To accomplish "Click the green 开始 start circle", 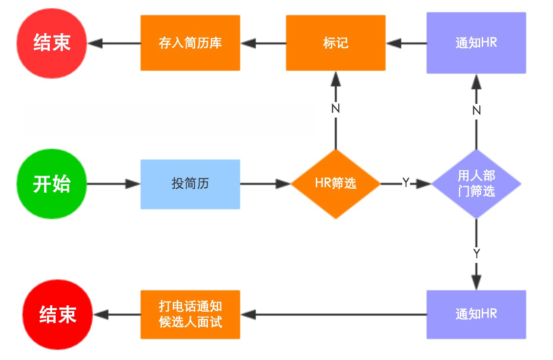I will [51, 184].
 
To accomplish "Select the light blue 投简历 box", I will [190, 184].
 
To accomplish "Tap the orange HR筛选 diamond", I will [335, 184].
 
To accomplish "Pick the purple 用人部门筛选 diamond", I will [476, 184].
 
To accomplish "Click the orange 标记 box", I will [335, 43].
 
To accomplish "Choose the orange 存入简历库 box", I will [190, 43].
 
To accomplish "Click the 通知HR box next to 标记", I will [476, 43].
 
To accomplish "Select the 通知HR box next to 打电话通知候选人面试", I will [476, 314].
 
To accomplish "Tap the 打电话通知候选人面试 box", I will [190, 315].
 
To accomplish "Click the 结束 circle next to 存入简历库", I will [51, 43].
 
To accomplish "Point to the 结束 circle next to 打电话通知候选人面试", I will [58, 315].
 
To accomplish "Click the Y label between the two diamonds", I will [406, 183].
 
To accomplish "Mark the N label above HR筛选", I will [335, 109].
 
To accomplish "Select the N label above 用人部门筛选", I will [476, 111].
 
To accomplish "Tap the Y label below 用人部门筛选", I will [476, 254].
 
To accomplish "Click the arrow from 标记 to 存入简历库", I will [264, 43].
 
